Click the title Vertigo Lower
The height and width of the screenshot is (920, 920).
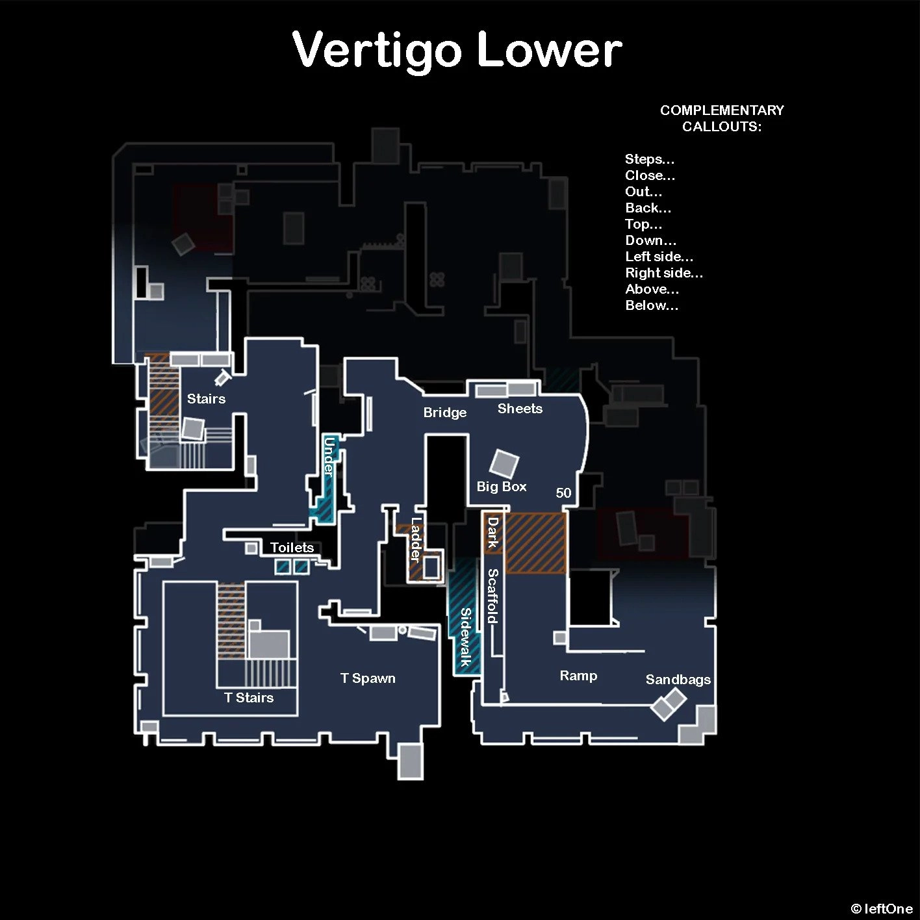[x=457, y=51]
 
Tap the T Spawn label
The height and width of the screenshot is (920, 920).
[x=368, y=678]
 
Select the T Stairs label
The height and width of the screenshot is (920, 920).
[x=249, y=698]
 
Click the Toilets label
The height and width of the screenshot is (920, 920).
[x=292, y=548]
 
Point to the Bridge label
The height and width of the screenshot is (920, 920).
[x=445, y=413]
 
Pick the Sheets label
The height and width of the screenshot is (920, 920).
[x=520, y=409]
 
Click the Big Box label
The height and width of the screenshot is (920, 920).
[x=502, y=487]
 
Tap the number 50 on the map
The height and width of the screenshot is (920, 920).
[x=563, y=493]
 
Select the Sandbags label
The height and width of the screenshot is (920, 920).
[x=678, y=680]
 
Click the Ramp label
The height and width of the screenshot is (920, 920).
[x=578, y=676]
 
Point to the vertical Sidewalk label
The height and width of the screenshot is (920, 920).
[x=466, y=637]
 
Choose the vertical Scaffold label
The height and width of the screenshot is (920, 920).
[x=493, y=596]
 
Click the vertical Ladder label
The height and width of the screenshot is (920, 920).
[x=416, y=539]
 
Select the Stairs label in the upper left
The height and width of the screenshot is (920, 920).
[x=206, y=399]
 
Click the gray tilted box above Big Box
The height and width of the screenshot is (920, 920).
[x=504, y=463]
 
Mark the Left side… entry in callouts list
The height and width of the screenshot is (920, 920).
[x=659, y=257]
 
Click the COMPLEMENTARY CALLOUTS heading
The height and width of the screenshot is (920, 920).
[x=722, y=118]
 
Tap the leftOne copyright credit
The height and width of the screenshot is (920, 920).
[x=882, y=909]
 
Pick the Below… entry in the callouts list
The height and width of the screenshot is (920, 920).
[x=652, y=305]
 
